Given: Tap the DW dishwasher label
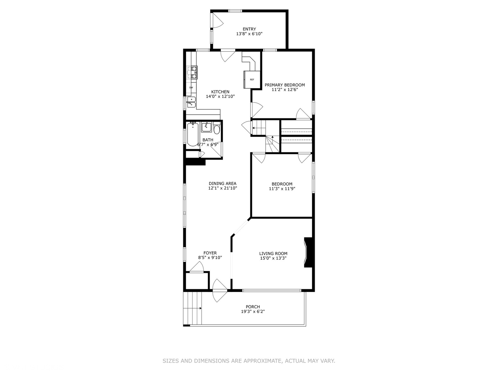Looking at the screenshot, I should click(x=191, y=88).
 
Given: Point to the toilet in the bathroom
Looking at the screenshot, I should click(x=217, y=129).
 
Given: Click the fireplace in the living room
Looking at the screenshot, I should click(x=308, y=252).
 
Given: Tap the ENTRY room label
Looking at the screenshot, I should click(x=249, y=29).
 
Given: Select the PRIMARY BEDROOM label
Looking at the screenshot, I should click(x=285, y=85).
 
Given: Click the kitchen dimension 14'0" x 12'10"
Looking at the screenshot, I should click(x=220, y=97).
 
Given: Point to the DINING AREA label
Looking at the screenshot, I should click(x=222, y=184).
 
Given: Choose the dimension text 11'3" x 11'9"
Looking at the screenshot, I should click(x=282, y=189).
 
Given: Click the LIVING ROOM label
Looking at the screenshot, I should click(x=273, y=253).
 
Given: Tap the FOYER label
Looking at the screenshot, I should click(x=210, y=253).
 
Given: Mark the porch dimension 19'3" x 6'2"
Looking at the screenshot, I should click(x=253, y=312).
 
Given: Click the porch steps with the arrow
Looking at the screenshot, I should click(x=193, y=308).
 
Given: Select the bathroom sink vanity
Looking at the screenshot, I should click(x=206, y=127).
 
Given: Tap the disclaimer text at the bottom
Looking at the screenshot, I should click(x=249, y=361).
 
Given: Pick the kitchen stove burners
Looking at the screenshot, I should click(x=192, y=72).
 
